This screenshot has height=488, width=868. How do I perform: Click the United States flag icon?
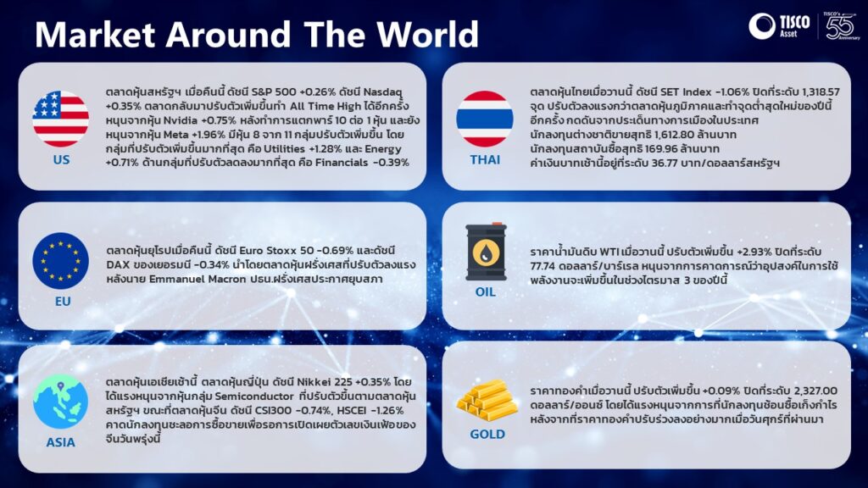[x=60, y=119]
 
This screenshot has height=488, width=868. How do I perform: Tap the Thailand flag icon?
[x=484, y=119]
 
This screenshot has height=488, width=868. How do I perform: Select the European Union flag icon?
[x=60, y=261]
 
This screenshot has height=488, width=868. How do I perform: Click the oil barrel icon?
[x=486, y=252]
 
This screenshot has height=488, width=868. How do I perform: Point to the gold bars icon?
[x=487, y=401]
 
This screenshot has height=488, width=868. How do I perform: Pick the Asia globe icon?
[x=60, y=402]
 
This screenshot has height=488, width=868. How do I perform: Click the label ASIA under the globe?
[x=61, y=442]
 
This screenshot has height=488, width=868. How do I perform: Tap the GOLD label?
[x=487, y=435]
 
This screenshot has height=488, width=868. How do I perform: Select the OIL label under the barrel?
[x=486, y=292]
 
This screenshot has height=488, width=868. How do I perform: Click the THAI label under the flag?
[x=485, y=160]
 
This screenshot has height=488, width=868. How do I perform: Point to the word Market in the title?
[x=95, y=34]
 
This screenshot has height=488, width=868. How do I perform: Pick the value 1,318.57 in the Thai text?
[x=816, y=91]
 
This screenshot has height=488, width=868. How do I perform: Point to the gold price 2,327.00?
[x=815, y=391]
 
